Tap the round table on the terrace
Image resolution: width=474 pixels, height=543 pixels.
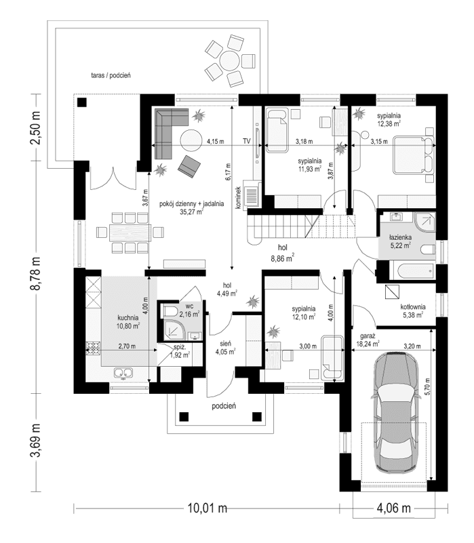coord(231,60)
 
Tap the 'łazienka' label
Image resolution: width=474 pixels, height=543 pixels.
coord(401,239)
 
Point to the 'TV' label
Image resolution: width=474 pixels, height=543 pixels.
coord(247,142)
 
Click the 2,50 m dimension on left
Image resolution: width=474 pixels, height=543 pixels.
coord(36,128)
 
